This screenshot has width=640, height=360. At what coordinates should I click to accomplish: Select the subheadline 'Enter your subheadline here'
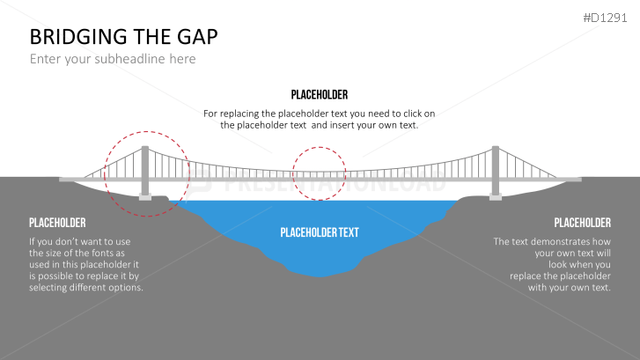113,59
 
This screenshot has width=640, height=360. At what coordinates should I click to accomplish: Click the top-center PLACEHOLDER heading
319,95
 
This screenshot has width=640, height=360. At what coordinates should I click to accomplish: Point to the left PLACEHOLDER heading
57,223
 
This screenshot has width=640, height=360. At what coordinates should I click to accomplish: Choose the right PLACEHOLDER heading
582,223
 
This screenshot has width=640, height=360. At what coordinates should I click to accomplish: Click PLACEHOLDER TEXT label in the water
320,233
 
